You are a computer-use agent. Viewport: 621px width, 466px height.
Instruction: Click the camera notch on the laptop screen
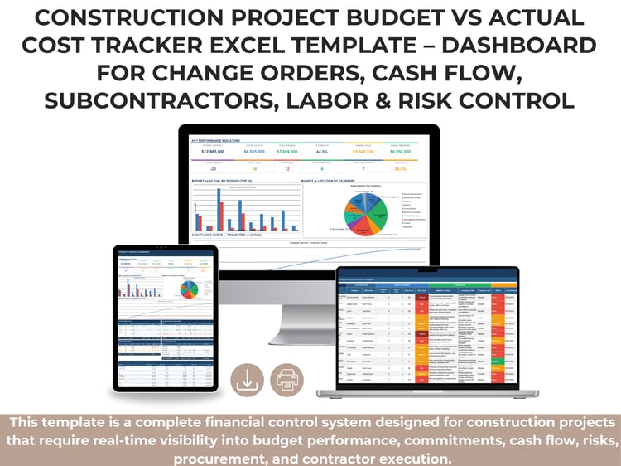click(427, 269)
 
